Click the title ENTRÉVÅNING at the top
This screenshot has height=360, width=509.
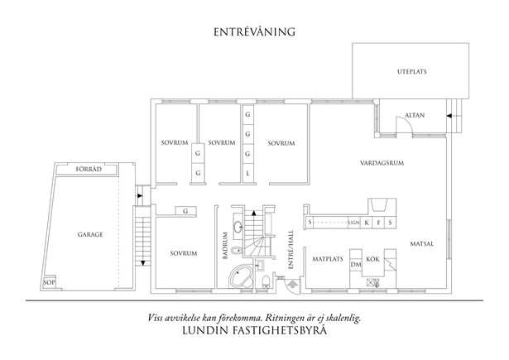[254, 32]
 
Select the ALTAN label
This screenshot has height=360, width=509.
[415, 115]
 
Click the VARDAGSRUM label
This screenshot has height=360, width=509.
[382, 163]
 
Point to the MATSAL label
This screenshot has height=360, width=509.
[423, 243]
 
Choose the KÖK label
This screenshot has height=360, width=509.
[373, 259]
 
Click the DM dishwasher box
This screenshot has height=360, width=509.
[356, 264]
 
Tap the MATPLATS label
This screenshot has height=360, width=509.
[327, 259]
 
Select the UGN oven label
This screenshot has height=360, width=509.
[353, 223]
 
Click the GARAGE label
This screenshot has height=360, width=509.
[91, 235]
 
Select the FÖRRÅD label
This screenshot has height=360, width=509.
[89, 169]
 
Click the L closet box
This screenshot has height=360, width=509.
[247, 173]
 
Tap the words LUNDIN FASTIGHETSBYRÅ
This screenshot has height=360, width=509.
[255, 329]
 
